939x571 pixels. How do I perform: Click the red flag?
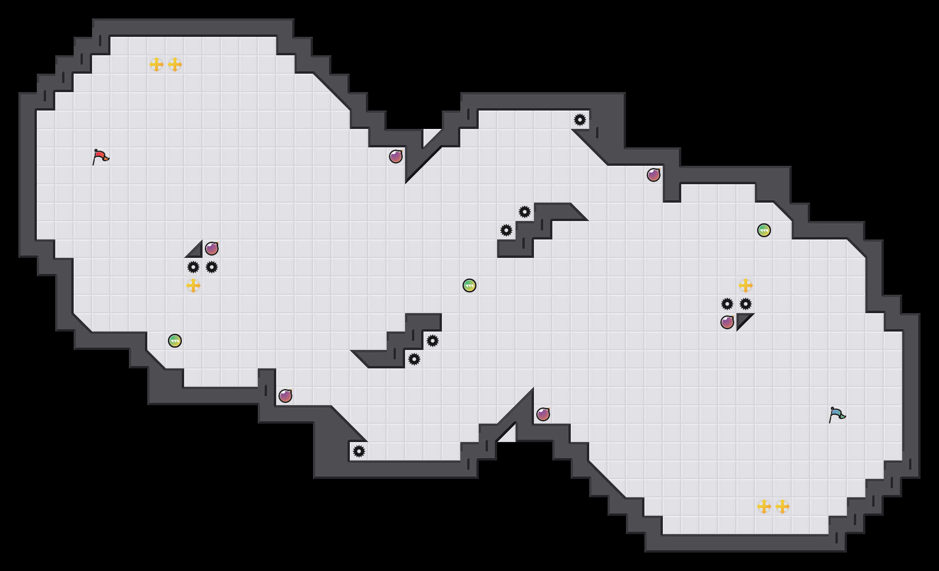pyautogui.click(x=100, y=157)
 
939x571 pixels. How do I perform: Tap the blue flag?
pyautogui.click(x=837, y=415)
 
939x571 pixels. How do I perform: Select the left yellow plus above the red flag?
pyautogui.click(x=156, y=64)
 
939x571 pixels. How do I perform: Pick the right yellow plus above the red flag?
pyautogui.click(x=175, y=64)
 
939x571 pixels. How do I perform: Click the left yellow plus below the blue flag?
pyautogui.click(x=764, y=507)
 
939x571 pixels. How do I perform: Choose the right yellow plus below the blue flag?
pyautogui.click(x=782, y=507)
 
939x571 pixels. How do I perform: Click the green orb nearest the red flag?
pyautogui.click(x=175, y=341)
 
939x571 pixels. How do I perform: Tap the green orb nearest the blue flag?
pyautogui.click(x=764, y=230)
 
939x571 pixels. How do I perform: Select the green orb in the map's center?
pyautogui.click(x=469, y=285)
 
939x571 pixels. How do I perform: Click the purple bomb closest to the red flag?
pyautogui.click(x=212, y=249)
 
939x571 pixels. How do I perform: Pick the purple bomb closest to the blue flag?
pyautogui.click(x=727, y=322)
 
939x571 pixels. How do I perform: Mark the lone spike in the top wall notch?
pyautogui.click(x=580, y=120)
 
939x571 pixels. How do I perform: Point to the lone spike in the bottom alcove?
pyautogui.click(x=359, y=451)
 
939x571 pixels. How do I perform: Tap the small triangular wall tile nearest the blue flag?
pyautogui.click(x=742, y=319)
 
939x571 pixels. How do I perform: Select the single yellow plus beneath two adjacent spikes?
pyautogui.click(x=193, y=285)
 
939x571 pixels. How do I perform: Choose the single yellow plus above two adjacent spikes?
pyautogui.click(x=746, y=285)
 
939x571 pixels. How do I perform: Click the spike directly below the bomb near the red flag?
pyautogui.click(x=212, y=267)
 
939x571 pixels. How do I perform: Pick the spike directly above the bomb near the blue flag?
pyautogui.click(x=727, y=304)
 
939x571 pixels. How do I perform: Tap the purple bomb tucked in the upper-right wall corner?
pyautogui.click(x=654, y=175)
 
